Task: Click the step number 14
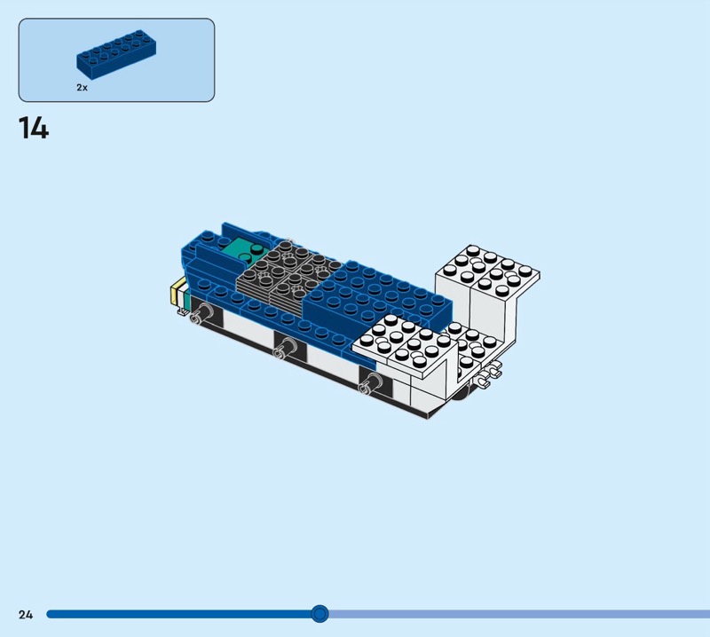(34, 128)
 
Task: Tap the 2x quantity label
(82, 88)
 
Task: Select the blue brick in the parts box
(117, 54)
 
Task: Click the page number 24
(26, 614)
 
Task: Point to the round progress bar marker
(319, 614)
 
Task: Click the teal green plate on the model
(245, 251)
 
